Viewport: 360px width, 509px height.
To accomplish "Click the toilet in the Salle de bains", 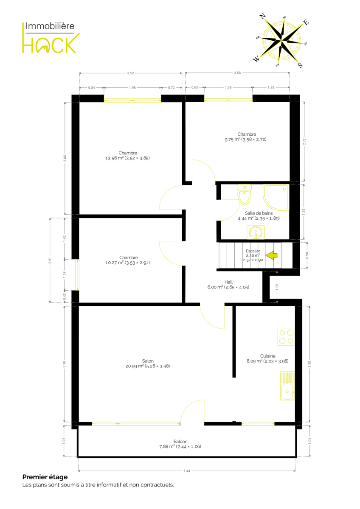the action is coord(244,194).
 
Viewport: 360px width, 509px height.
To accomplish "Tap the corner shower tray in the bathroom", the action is coord(276,197).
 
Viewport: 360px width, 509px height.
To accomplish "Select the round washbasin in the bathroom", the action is coord(256,232).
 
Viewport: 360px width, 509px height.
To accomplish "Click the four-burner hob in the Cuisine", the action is coord(286,337).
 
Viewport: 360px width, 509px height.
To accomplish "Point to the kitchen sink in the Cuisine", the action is coord(287,386).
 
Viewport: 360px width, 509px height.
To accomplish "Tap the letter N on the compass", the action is coord(262,16).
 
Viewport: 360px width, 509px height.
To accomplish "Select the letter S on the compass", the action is coord(300,65).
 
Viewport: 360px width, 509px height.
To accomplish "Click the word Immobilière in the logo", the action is coord(50,26).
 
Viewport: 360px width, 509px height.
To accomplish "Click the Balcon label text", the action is coord(180,441).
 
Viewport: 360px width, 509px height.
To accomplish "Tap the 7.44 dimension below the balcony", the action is coord(186,471).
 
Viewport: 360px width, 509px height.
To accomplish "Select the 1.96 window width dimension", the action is coord(132,87).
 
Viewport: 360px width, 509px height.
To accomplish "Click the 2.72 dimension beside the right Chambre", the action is coord(304,142).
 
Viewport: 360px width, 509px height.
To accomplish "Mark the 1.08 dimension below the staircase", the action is coord(277,287).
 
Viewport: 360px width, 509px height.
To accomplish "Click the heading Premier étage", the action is coord(45,477).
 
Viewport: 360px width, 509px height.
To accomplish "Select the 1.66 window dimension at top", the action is coord(228,87).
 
